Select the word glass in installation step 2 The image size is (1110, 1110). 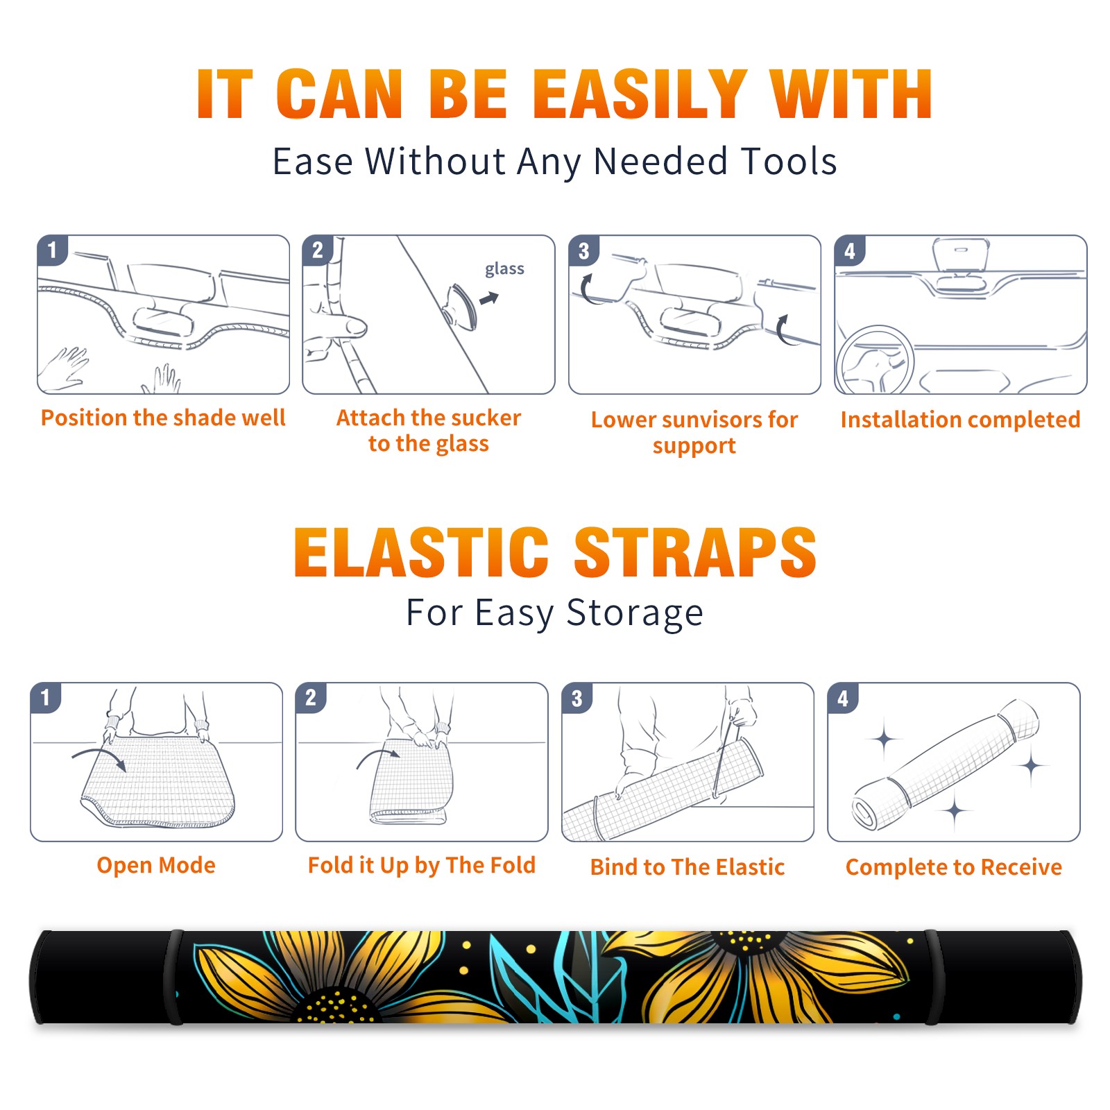tap(504, 269)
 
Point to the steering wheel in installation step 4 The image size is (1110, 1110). tap(876, 361)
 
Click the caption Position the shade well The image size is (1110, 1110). tap(163, 418)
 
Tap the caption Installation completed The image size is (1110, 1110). tap(960, 419)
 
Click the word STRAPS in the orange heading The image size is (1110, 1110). tap(695, 552)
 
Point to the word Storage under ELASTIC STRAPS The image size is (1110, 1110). tap(635, 613)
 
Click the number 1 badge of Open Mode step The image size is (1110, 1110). tap(46, 697)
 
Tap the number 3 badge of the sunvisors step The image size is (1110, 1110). tap(583, 250)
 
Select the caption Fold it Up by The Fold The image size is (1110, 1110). tap(422, 865)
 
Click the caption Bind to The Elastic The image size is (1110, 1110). tap(688, 867)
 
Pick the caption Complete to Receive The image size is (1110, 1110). tap(954, 867)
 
